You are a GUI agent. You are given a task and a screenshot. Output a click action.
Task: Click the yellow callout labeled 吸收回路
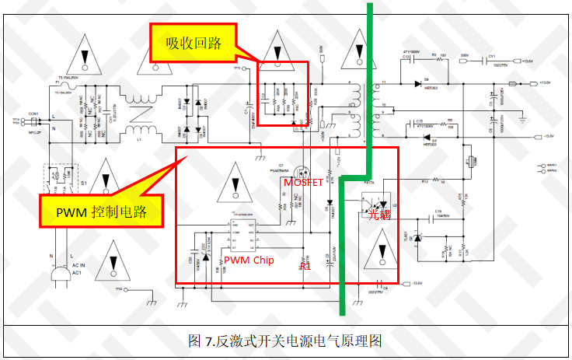pyautogui.click(x=194, y=42)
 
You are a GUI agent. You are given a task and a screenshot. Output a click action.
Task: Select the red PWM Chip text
pyautogui.click(x=248, y=260)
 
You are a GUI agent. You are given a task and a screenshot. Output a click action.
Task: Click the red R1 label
pyautogui.click(x=305, y=266)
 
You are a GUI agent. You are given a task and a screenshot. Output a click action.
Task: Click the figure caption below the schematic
pyautogui.click(x=285, y=341)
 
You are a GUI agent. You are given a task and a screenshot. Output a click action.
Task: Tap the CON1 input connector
pyautogui.click(x=33, y=119)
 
